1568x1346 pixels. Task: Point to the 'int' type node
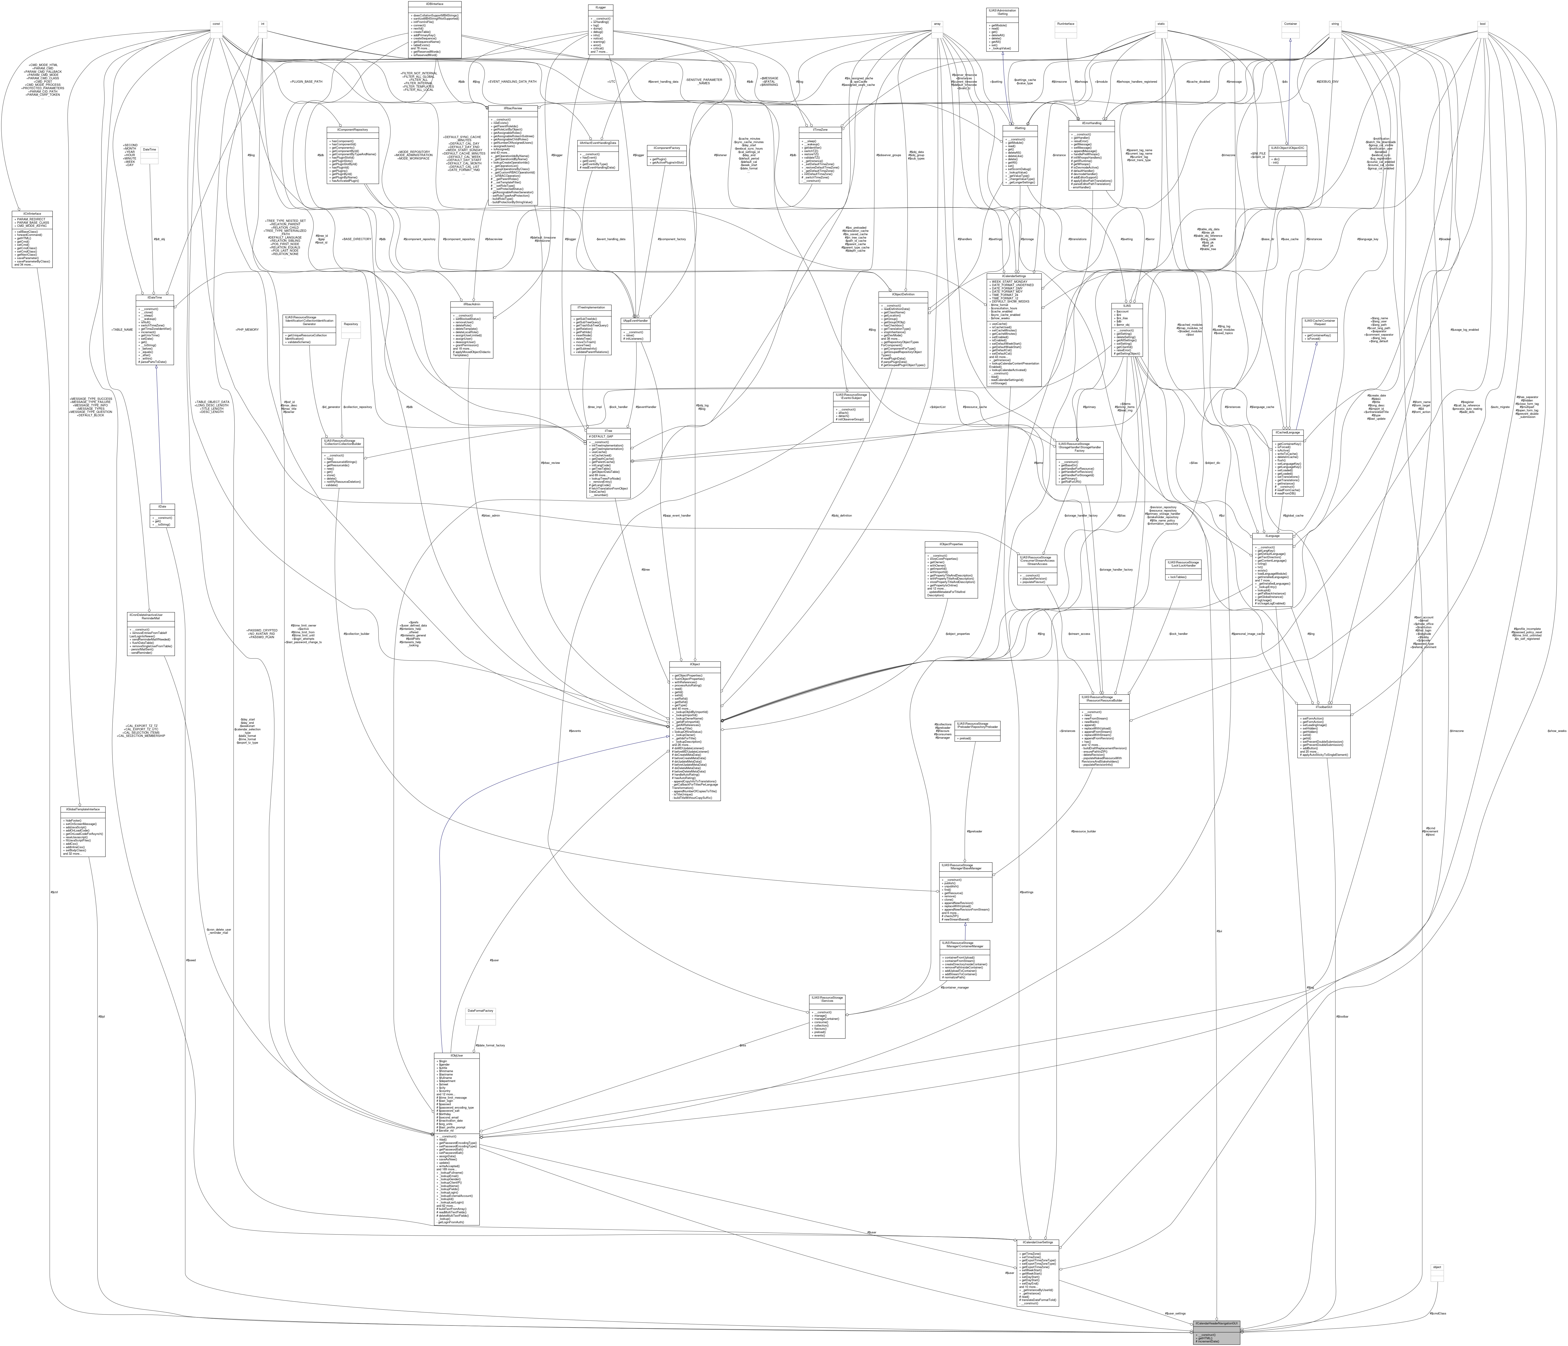tap(263, 23)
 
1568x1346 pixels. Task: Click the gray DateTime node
tap(149, 149)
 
